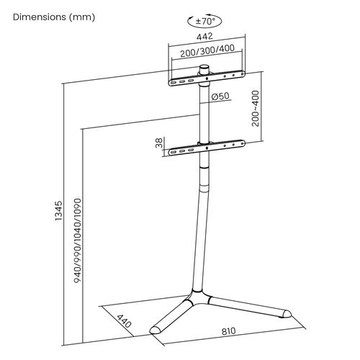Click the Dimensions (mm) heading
(54, 17)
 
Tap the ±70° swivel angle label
(205, 22)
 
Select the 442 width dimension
(204, 36)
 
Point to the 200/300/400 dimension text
(207, 50)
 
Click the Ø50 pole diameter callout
(220, 96)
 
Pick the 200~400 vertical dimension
(256, 108)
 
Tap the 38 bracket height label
(159, 143)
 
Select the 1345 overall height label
(58, 211)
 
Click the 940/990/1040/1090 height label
(78, 240)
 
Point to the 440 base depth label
(124, 321)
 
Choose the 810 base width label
(228, 331)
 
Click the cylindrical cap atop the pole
(204, 70)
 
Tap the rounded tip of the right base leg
(287, 314)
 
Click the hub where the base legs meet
(197, 297)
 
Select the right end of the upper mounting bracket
(243, 73)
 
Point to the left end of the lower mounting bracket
(171, 152)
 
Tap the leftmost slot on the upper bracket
(174, 82)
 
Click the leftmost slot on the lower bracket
(174, 152)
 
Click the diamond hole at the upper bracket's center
(207, 78)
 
